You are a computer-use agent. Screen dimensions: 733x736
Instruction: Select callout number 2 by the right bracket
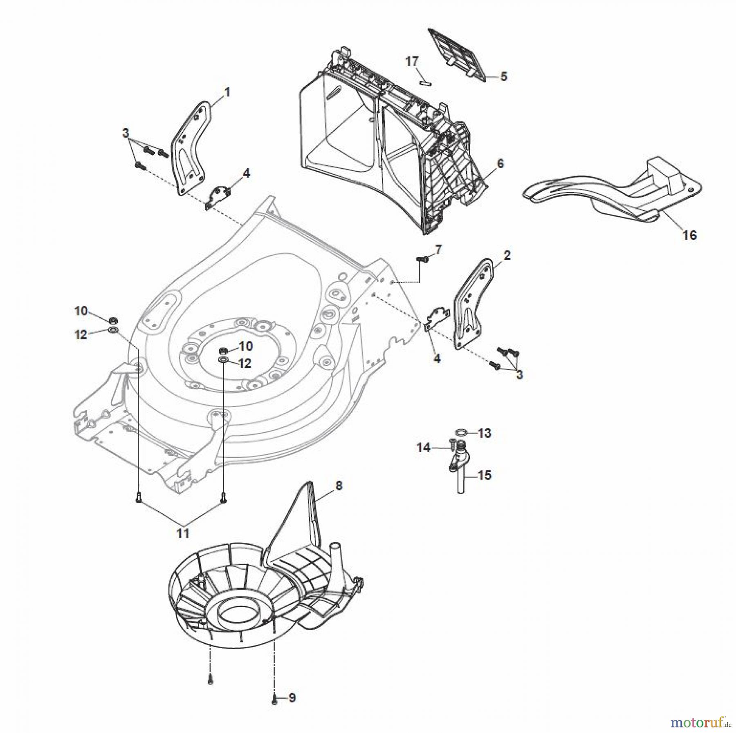(507, 256)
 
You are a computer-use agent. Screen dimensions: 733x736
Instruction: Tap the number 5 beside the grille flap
(504, 76)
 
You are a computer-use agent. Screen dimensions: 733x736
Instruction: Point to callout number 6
(500, 164)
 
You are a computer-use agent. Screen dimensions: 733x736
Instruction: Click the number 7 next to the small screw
(438, 250)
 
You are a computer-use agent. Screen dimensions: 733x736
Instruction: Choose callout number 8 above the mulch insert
(338, 486)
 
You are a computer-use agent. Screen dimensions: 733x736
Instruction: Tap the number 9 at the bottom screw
(292, 698)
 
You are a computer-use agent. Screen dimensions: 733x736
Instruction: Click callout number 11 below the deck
(183, 533)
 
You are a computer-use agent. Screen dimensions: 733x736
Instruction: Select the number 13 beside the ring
(485, 433)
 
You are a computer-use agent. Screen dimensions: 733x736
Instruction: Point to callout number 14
(424, 448)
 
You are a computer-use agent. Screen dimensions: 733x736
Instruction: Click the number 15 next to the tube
(485, 475)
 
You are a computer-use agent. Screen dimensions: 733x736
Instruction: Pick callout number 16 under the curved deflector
(690, 235)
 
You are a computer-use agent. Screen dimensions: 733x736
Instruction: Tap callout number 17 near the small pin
(412, 62)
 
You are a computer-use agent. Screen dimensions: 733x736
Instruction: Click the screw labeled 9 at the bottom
(274, 699)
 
